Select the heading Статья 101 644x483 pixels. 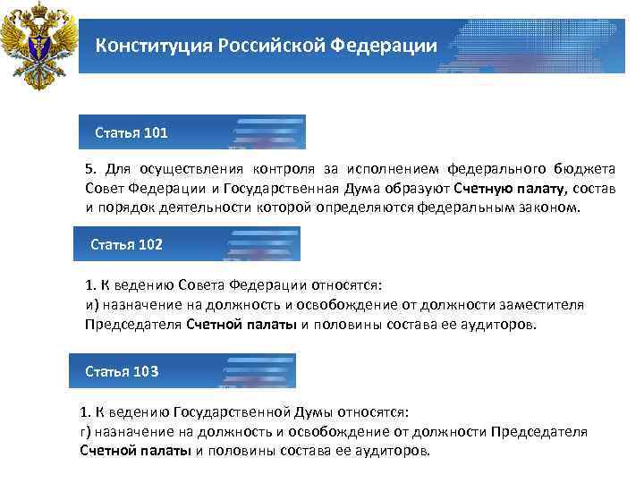click(131, 133)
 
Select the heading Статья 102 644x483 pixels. click(127, 244)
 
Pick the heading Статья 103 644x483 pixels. click(122, 370)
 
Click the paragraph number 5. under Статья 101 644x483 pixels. click(90, 168)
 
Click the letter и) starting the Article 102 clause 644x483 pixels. click(91, 305)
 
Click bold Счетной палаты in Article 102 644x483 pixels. click(241, 325)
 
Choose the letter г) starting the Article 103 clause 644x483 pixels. click(85, 432)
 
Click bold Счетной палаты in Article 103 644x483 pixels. click(135, 451)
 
